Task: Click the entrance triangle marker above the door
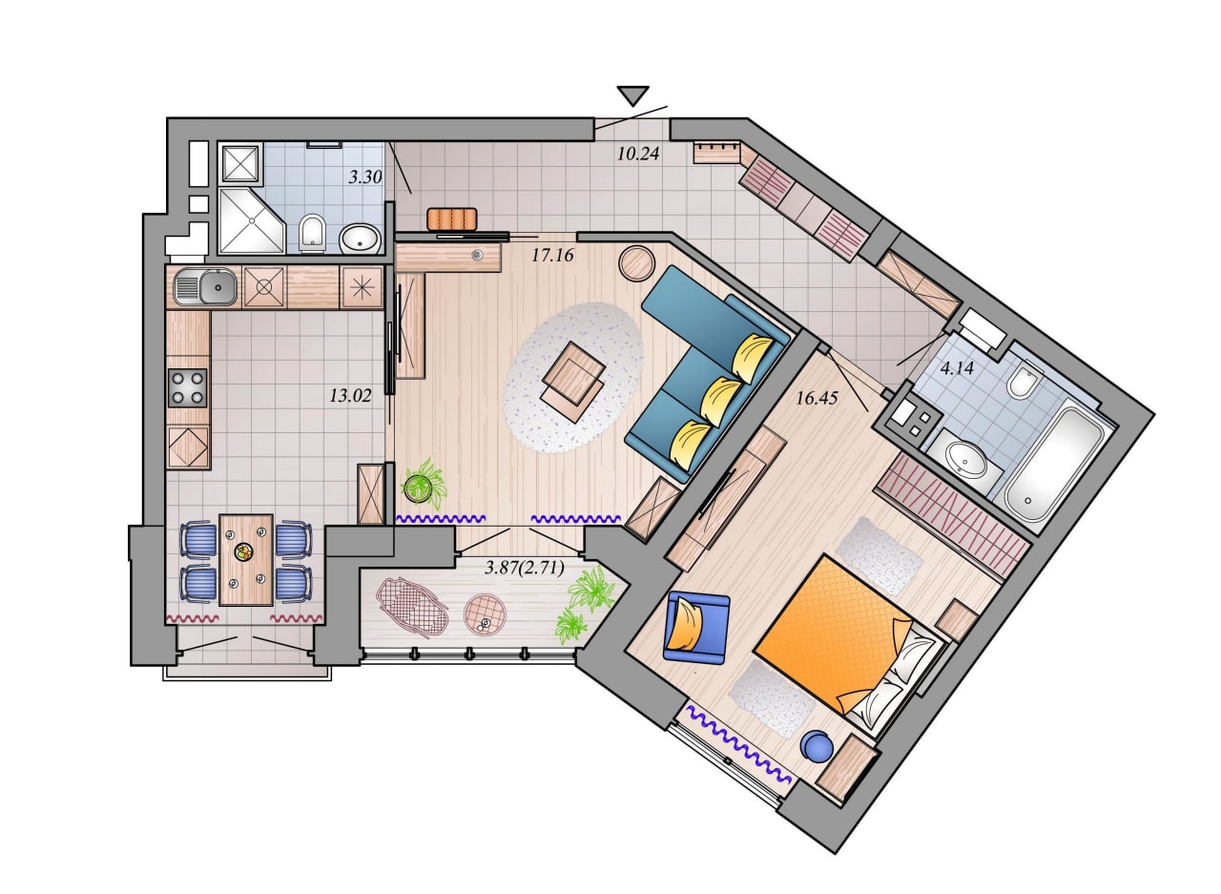[632, 95]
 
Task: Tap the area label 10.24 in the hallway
[638, 154]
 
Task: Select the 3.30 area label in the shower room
[365, 177]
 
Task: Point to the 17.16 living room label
[552, 255]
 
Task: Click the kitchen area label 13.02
[350, 395]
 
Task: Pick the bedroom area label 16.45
[817, 398]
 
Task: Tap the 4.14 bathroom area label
[957, 368]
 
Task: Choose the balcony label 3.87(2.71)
[525, 568]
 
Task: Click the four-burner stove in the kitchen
[188, 387]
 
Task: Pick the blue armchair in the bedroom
[696, 628]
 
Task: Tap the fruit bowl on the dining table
[243, 552]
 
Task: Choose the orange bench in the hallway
[452, 218]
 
